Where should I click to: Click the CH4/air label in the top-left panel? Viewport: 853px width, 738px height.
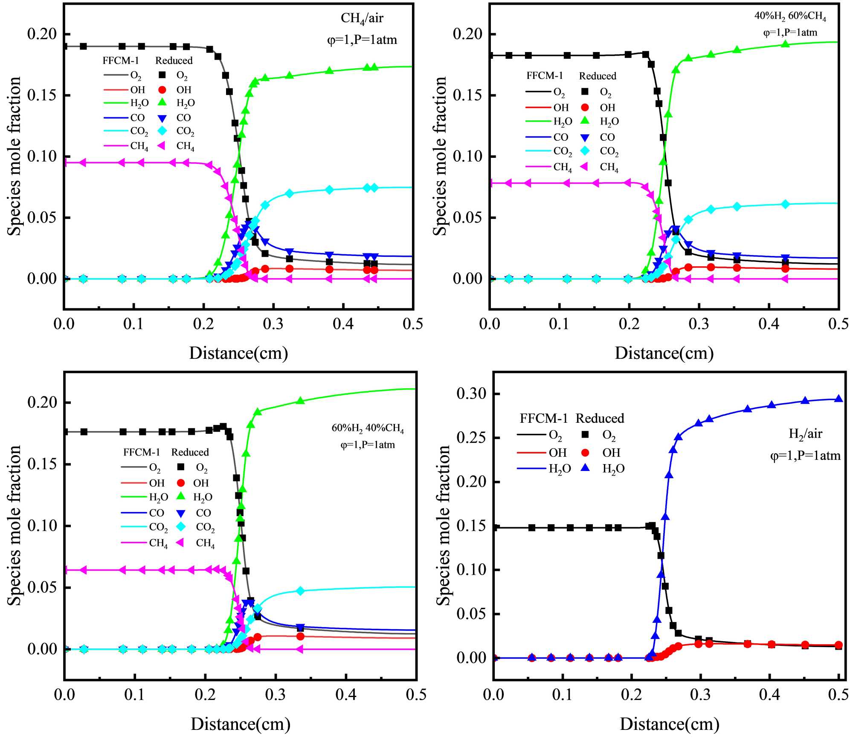point(362,19)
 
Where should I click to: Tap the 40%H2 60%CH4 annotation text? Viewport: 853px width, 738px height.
point(790,17)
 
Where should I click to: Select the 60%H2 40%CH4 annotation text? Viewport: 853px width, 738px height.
point(368,428)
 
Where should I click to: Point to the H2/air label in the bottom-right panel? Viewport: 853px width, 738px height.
point(805,434)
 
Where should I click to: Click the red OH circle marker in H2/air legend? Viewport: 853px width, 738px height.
point(586,452)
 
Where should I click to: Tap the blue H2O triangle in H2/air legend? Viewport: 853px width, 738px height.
point(586,468)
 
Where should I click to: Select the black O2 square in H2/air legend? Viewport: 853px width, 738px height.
point(586,435)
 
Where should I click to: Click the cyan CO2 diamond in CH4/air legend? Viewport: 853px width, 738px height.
point(162,131)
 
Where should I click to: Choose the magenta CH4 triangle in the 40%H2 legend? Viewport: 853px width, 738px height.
point(585,167)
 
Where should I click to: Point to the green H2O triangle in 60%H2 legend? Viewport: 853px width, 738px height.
point(181,496)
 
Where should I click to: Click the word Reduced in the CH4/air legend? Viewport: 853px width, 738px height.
point(174,61)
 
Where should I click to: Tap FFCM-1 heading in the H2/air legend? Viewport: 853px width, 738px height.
point(543,418)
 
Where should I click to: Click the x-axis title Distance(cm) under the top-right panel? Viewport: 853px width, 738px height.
point(664,353)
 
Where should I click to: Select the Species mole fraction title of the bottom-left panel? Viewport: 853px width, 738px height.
point(14,525)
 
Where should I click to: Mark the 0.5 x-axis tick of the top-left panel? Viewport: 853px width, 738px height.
point(412,324)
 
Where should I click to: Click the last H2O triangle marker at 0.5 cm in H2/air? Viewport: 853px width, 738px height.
point(838,399)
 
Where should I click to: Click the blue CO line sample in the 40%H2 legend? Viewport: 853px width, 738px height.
point(538,137)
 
